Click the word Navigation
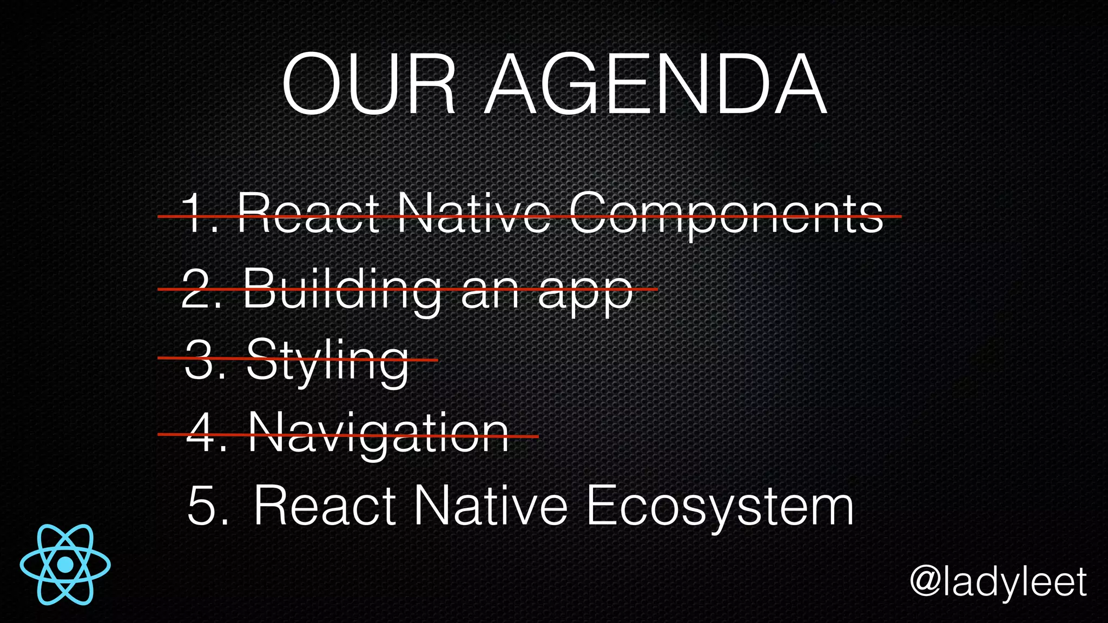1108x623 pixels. pos(378,434)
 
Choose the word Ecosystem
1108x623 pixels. pos(720,506)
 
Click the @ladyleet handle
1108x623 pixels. pos(998,583)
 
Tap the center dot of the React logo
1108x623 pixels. pos(65,565)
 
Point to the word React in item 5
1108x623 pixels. pos(324,506)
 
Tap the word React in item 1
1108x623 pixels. pos(308,214)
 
